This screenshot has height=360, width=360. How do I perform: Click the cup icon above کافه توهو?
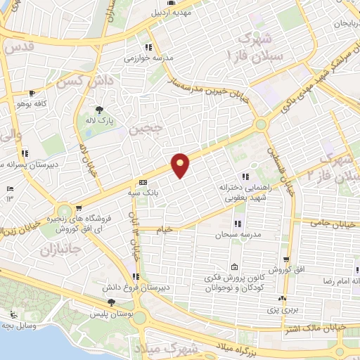(32, 93)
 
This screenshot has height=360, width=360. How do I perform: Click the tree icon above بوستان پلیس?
(110, 302)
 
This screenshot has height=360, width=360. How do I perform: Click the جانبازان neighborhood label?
(62, 250)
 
